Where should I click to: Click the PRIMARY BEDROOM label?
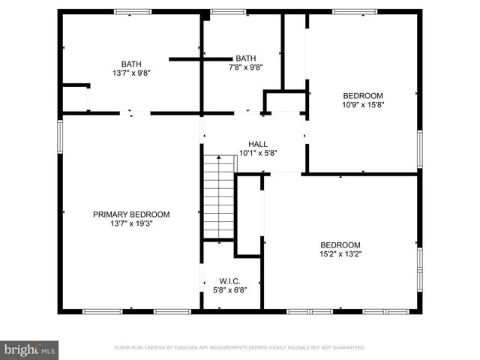131,214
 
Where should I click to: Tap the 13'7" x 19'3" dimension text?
131,223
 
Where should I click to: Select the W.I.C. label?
229,280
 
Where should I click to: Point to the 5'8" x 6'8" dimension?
229,289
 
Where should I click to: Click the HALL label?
258,144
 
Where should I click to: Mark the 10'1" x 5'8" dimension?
258,153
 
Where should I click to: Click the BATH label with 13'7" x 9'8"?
131,64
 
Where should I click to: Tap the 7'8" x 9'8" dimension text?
245,67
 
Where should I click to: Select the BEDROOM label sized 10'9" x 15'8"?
363,95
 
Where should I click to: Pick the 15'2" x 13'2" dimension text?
340,253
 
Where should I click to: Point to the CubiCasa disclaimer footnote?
239,348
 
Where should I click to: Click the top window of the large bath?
132,11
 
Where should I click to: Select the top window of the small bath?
228,11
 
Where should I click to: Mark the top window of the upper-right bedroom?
355,11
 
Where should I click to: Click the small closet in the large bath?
75,98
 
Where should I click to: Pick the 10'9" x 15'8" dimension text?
363,104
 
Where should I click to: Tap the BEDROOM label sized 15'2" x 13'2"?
340,244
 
